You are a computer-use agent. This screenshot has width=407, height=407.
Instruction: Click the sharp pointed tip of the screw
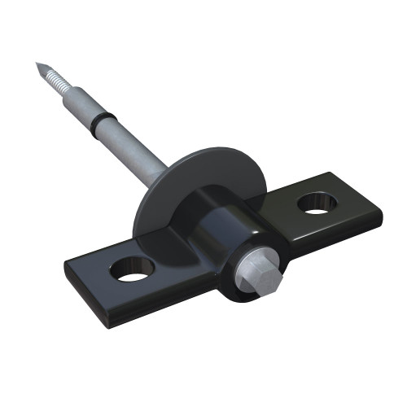pyautogui.click(x=37, y=64)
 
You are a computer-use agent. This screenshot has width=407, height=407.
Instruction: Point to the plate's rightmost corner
pyautogui.click(x=381, y=213)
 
